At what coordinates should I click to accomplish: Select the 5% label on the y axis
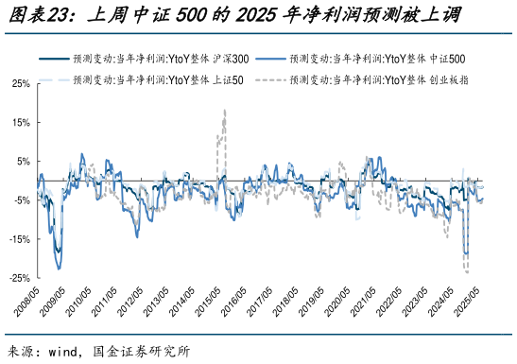(24, 161)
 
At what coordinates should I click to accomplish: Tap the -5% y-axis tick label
(22, 199)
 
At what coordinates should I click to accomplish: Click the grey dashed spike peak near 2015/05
(224, 111)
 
